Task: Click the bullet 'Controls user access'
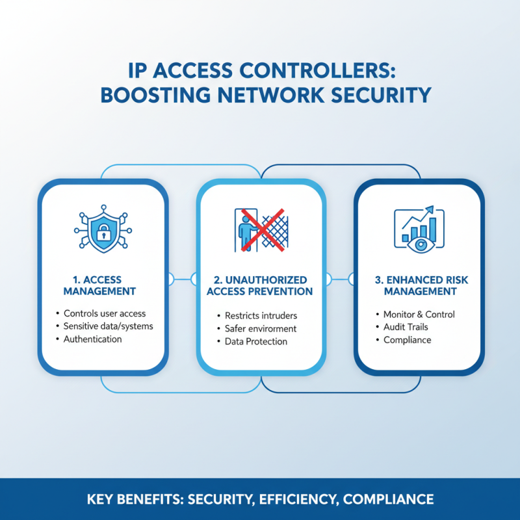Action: point(105,314)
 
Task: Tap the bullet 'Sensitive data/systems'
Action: point(109,326)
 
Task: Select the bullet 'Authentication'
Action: point(92,339)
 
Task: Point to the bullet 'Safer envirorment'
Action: point(260,328)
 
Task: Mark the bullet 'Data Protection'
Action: point(255,341)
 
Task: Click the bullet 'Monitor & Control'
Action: point(419,314)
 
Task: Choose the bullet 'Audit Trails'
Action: point(406,327)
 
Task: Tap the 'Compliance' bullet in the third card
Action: point(407,339)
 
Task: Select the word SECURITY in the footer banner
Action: point(219,500)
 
